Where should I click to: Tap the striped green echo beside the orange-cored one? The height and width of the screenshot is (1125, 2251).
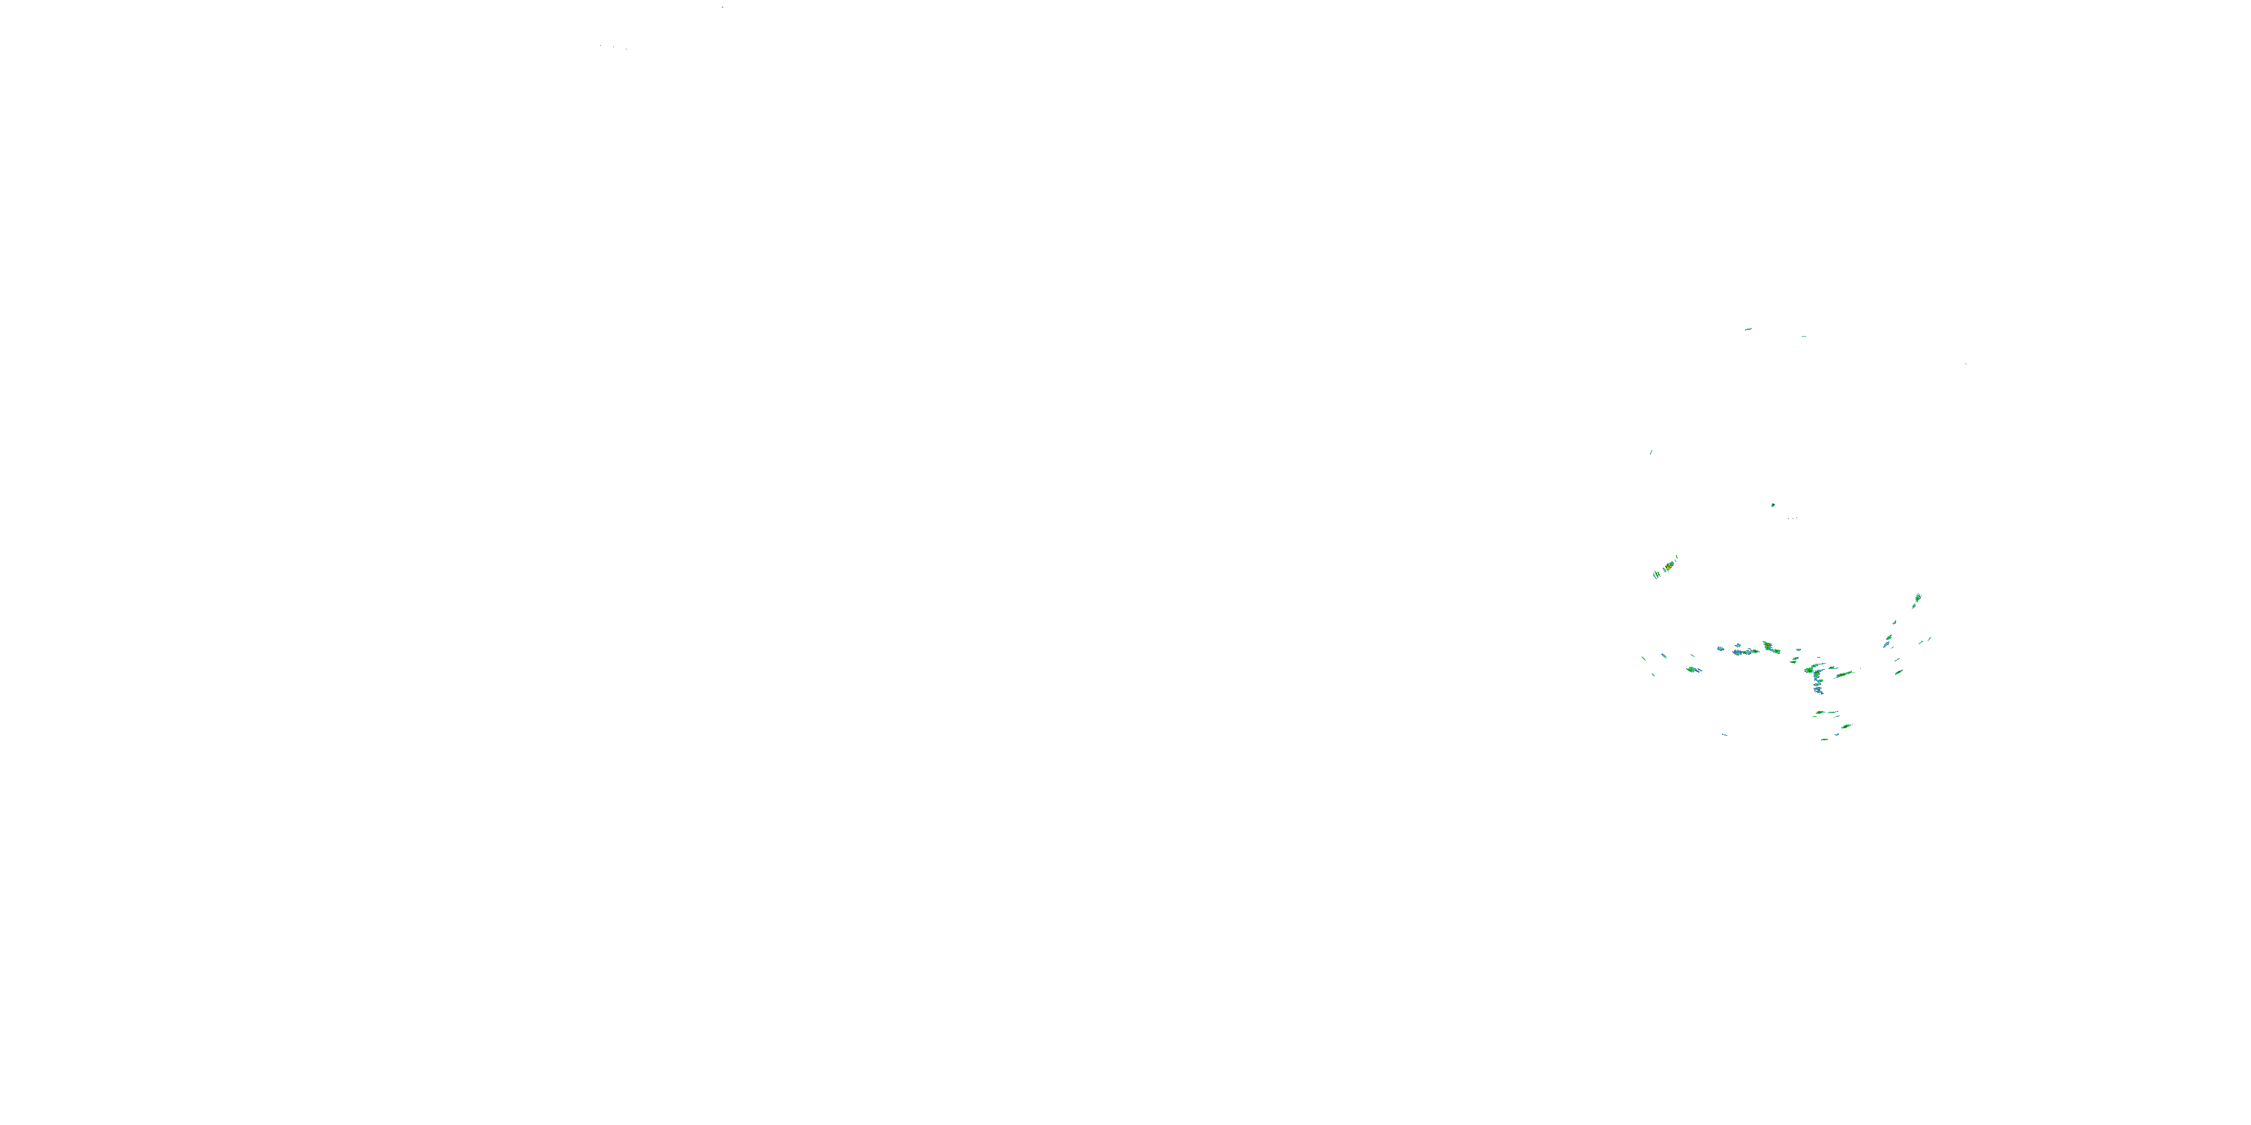coord(1657,574)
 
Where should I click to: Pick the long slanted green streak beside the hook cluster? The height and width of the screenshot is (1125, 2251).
coord(1844,674)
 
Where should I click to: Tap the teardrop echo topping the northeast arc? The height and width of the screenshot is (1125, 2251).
coord(1918,599)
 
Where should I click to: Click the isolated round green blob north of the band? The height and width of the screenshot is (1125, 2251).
coord(1773,505)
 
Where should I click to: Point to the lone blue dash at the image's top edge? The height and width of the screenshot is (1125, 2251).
coord(722,7)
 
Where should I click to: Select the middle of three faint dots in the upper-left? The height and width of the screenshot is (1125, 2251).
coord(612,46)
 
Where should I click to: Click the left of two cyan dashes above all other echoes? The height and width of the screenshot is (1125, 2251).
coord(1748,329)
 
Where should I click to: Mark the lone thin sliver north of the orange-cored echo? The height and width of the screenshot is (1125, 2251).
coord(1651,451)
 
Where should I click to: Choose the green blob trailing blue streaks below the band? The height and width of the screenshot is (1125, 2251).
coord(1693,670)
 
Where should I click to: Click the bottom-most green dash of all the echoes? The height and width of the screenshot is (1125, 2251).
coord(1825,739)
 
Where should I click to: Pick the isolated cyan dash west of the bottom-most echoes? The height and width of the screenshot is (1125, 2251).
coord(1724,734)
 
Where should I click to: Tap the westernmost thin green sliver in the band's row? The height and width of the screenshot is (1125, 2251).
coord(1644,658)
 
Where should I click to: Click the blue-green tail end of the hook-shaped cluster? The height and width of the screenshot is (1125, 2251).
coord(1819,690)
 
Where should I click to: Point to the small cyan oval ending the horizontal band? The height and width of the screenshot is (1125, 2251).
coord(1796,658)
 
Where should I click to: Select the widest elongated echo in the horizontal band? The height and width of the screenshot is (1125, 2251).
coord(1746,652)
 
